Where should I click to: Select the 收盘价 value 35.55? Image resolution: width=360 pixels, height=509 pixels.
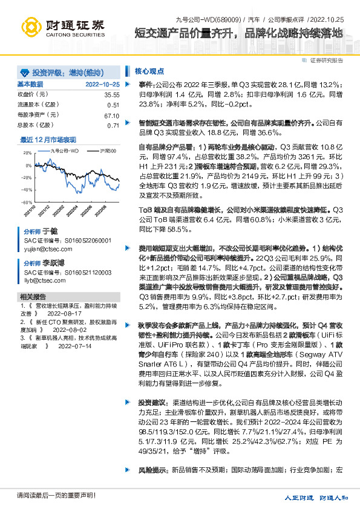click(x=111, y=95)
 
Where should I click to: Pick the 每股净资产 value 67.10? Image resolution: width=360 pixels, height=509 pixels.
click(x=111, y=115)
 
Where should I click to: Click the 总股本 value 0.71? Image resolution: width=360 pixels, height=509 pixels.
click(x=113, y=125)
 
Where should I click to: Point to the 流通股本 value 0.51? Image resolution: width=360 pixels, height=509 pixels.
click(x=113, y=105)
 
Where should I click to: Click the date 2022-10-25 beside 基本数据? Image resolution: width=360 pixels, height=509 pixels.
click(x=103, y=84)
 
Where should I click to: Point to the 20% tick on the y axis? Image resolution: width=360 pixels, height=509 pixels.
click(x=27, y=154)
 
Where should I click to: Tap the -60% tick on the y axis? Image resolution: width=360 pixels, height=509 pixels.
click(x=27, y=203)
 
